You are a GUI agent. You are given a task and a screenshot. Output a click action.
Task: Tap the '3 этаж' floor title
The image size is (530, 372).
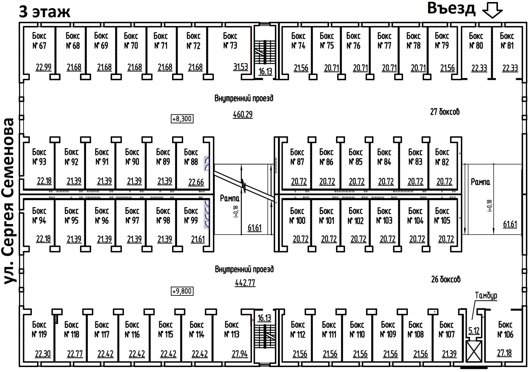(45, 12)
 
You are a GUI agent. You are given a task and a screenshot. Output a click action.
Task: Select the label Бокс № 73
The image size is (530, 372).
(230, 41)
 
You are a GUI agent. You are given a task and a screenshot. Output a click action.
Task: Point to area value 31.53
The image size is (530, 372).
(240, 67)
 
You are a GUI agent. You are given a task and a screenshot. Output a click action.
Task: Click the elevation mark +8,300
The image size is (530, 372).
(182, 119)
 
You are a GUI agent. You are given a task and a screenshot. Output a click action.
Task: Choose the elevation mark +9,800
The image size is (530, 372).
(182, 291)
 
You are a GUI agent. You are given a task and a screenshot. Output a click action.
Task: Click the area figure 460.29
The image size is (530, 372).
(243, 114)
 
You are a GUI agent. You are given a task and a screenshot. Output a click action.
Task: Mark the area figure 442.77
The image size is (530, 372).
(245, 283)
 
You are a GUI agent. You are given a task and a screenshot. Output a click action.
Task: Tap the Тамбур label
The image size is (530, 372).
(486, 296)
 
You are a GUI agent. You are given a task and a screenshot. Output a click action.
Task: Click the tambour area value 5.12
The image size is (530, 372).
(474, 331)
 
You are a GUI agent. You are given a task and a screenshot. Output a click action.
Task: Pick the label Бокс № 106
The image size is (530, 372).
(505, 329)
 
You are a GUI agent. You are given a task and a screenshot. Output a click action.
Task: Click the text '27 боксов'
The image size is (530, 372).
(445, 111)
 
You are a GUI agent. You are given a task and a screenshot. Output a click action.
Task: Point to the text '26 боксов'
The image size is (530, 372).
(446, 279)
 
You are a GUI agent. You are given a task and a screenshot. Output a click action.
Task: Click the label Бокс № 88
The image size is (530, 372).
(191, 157)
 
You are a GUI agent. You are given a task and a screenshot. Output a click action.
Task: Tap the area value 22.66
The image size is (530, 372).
(196, 182)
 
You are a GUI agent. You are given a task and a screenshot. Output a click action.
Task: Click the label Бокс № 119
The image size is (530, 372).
(39, 329)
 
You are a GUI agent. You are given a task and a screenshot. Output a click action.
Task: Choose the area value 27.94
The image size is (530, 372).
(240, 354)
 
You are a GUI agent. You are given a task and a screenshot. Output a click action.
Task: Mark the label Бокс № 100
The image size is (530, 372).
(297, 216)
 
